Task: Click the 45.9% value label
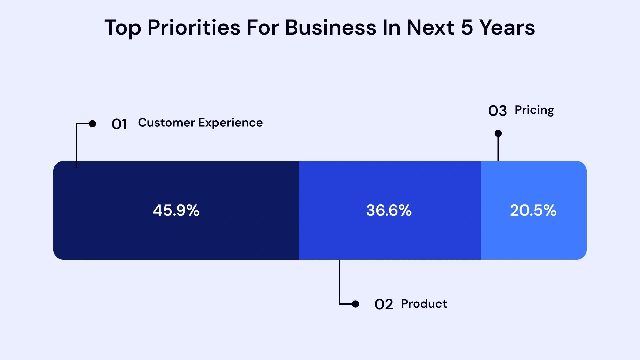tap(176, 210)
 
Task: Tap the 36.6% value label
tap(389, 210)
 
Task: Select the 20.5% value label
tap(533, 210)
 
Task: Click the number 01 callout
tap(119, 124)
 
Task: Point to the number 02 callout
tap(383, 304)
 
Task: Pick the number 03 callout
tap(497, 111)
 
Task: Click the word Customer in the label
tap(166, 123)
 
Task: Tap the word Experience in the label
tap(230, 123)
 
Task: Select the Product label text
tap(424, 304)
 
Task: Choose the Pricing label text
tap(534, 110)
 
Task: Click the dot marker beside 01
tap(93, 124)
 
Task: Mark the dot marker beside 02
tap(356, 304)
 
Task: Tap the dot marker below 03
tap(498, 133)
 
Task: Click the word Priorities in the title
tap(194, 28)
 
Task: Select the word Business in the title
tap(330, 28)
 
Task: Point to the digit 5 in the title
tap(467, 28)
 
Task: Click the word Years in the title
tap(507, 28)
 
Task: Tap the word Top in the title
tap(123, 28)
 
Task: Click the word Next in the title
tap(430, 28)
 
